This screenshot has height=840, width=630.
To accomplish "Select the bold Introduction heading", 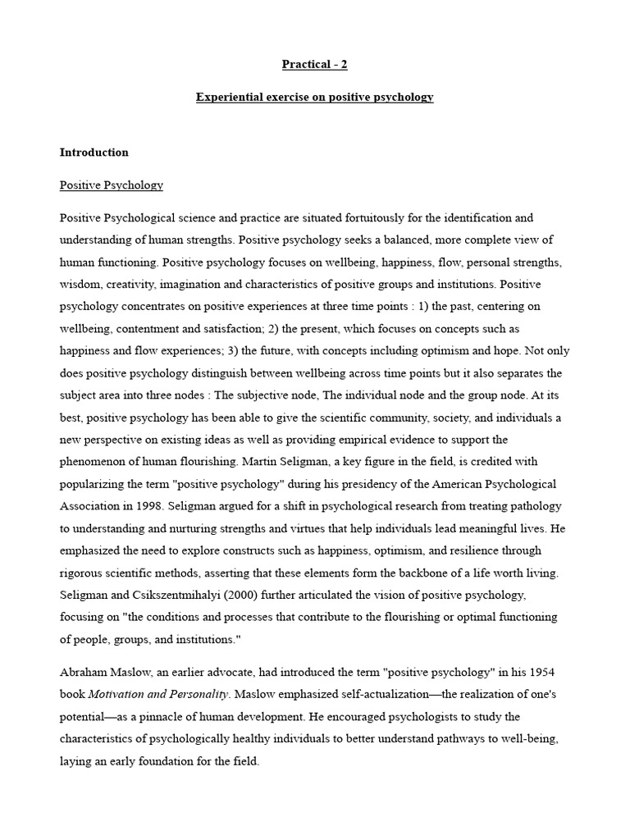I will click(94, 153).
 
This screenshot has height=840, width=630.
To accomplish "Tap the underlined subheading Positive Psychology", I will click(111, 185).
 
